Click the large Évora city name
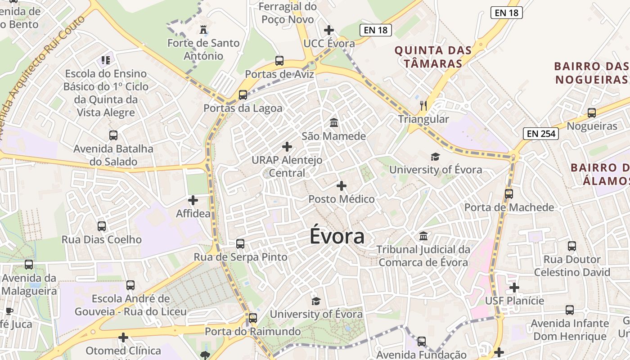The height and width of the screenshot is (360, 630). click(x=337, y=237)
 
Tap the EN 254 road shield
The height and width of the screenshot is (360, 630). click(x=540, y=133)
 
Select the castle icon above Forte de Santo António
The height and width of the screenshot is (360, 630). click(x=203, y=30)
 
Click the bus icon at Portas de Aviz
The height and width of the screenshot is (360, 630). click(x=279, y=61)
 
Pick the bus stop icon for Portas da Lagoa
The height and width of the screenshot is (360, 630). click(x=243, y=94)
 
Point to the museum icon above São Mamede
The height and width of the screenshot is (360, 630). click(x=334, y=122)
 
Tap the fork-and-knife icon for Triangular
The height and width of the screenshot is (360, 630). click(x=423, y=106)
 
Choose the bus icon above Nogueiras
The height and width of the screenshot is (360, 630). click(x=592, y=113)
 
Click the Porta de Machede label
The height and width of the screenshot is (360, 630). click(x=509, y=207)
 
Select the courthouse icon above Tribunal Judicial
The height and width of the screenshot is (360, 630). click(x=423, y=236)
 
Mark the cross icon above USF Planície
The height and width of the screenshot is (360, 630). click(x=514, y=287)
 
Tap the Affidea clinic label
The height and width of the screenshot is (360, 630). click(x=193, y=213)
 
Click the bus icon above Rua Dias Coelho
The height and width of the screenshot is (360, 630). click(x=102, y=226)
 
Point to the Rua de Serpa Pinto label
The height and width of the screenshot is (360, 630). click(x=240, y=257)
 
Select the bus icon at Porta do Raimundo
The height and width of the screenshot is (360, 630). click(x=253, y=318)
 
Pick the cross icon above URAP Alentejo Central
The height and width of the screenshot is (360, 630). click(x=287, y=147)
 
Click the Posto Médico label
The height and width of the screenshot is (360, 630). click(x=342, y=199)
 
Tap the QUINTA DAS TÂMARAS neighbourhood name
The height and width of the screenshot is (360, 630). click(x=433, y=57)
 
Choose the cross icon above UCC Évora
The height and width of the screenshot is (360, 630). click(x=329, y=30)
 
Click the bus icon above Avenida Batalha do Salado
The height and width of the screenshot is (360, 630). click(x=113, y=135)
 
